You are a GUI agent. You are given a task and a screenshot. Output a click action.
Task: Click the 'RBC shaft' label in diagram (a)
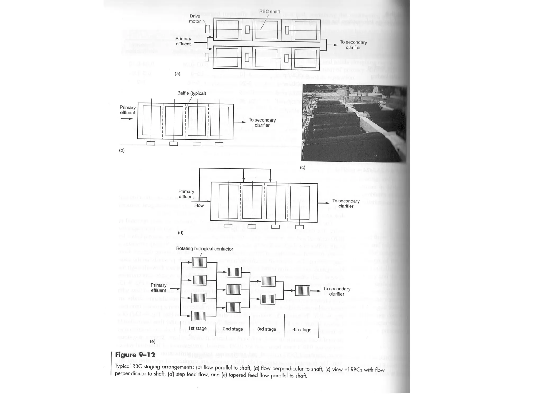[269, 12]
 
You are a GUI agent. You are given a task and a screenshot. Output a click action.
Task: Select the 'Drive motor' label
[195, 19]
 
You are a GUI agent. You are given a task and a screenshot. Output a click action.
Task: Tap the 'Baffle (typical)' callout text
[191, 93]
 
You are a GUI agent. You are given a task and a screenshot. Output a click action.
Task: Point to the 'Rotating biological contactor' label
[204, 249]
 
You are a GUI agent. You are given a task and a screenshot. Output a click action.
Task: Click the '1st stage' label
[197, 328]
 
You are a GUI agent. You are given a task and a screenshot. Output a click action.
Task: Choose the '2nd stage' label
[233, 329]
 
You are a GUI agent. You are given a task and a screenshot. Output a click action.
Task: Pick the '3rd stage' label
[267, 329]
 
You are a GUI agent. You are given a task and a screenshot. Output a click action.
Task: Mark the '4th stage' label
[302, 330]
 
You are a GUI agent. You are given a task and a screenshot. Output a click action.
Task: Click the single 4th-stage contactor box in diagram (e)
[302, 291]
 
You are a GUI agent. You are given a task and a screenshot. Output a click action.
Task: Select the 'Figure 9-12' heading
[135, 355]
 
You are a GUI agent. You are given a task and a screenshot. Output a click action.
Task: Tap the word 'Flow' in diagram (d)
[199, 205]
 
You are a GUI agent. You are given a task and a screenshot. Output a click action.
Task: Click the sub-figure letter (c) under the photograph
[302, 168]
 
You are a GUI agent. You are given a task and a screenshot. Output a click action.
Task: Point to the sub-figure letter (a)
[178, 74]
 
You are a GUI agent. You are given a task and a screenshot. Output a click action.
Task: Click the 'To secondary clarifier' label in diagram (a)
[353, 45]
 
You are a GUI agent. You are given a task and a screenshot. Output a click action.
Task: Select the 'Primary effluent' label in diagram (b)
[128, 110]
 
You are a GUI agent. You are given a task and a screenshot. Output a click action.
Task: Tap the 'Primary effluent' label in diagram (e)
[159, 288]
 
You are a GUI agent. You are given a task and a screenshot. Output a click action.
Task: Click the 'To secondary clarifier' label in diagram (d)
[346, 204]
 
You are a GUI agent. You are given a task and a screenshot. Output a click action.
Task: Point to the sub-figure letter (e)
[152, 341]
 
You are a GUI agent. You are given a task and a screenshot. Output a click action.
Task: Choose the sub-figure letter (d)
[180, 233]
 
